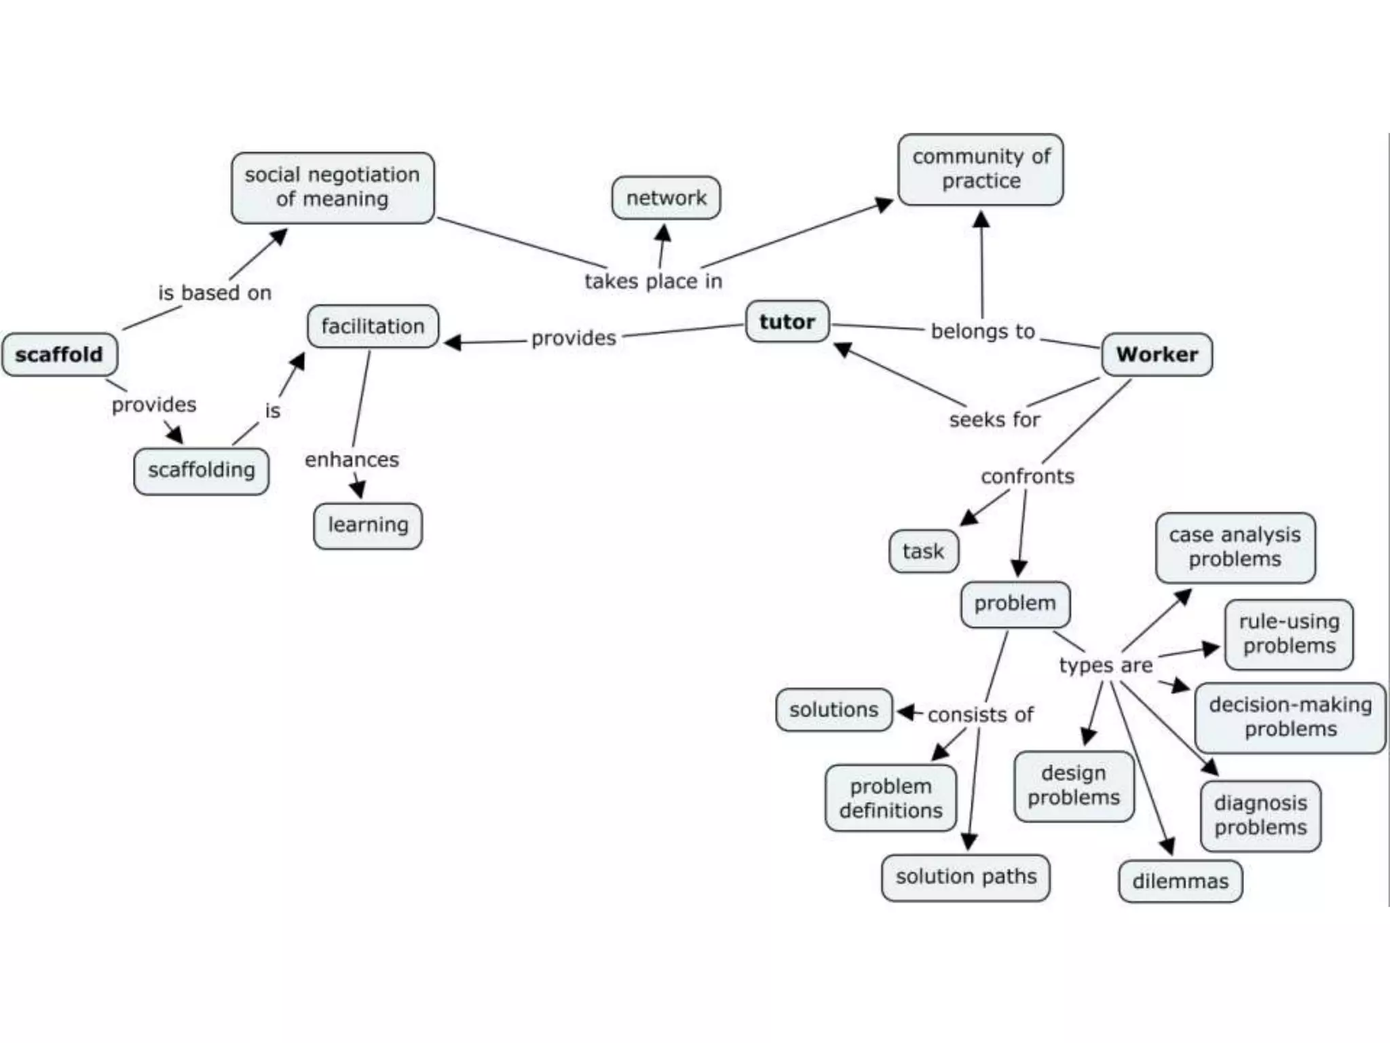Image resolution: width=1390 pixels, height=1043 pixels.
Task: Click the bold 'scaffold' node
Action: [60, 354]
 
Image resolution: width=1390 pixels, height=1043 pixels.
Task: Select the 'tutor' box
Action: [787, 321]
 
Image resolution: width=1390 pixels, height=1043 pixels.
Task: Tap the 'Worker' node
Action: [1157, 354]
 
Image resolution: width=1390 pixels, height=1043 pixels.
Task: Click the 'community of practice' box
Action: [980, 169]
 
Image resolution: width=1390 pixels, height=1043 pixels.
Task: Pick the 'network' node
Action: [666, 198]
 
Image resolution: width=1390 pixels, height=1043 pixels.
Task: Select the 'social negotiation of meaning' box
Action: [333, 187]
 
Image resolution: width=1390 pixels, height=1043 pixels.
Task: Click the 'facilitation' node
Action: [373, 326]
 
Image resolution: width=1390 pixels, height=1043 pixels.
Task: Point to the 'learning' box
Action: [368, 525]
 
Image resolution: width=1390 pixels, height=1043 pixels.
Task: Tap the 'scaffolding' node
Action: [201, 470]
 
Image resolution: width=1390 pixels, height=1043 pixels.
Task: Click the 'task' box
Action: [923, 551]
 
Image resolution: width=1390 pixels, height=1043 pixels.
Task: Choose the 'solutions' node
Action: [833, 710]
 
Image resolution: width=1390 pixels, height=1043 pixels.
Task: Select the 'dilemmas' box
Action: [1180, 881]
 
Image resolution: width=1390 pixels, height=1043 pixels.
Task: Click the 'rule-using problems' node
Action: [1288, 634]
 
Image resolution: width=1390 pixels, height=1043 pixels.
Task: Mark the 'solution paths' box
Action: [965, 877]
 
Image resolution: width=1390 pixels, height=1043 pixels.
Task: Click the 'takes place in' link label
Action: [653, 281]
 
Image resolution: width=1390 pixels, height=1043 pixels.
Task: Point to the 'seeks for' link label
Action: [994, 420]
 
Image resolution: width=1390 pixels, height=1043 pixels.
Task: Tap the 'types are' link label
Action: [1105, 665]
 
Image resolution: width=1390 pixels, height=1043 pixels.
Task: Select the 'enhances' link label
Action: [352, 460]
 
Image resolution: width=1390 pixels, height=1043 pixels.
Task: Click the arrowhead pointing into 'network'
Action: [664, 234]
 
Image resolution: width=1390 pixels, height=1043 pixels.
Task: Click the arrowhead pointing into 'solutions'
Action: [906, 712]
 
